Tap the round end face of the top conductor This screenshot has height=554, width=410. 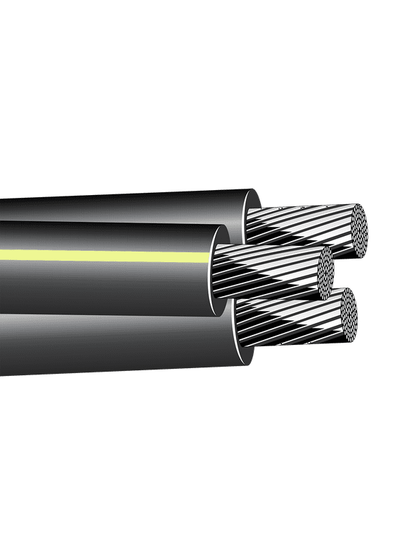360,230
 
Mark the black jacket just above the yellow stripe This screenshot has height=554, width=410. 106,237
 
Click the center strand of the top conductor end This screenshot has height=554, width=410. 360,230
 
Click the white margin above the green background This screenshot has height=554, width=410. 205,35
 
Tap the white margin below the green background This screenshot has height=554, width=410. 205,519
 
